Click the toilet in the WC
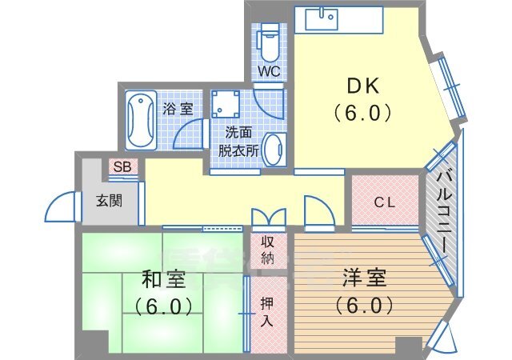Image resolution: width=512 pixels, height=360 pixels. click(269, 42)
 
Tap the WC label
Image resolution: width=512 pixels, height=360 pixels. click(269, 71)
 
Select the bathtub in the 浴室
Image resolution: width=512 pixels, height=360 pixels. click(141, 120)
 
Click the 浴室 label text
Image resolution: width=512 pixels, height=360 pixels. click(178, 109)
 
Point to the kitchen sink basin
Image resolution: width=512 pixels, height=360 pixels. click(322, 19)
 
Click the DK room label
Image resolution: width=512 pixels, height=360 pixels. click(362, 86)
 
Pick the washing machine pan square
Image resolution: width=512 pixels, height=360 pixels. click(226, 104)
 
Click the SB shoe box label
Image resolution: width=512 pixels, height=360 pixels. click(122, 167)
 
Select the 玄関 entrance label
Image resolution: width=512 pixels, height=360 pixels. click(110, 201)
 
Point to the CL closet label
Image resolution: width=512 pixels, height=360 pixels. click(385, 203)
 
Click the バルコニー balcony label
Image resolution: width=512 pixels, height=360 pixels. click(445, 212)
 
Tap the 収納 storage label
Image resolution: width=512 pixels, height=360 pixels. click(268, 250)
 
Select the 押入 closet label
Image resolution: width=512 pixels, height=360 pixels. click(267, 312)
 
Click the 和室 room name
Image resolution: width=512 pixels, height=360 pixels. click(163, 280)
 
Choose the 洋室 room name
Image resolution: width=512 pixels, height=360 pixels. click(365, 278)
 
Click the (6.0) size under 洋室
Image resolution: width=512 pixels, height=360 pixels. click(364, 305)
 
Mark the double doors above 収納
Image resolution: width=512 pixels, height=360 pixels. click(269, 217)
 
